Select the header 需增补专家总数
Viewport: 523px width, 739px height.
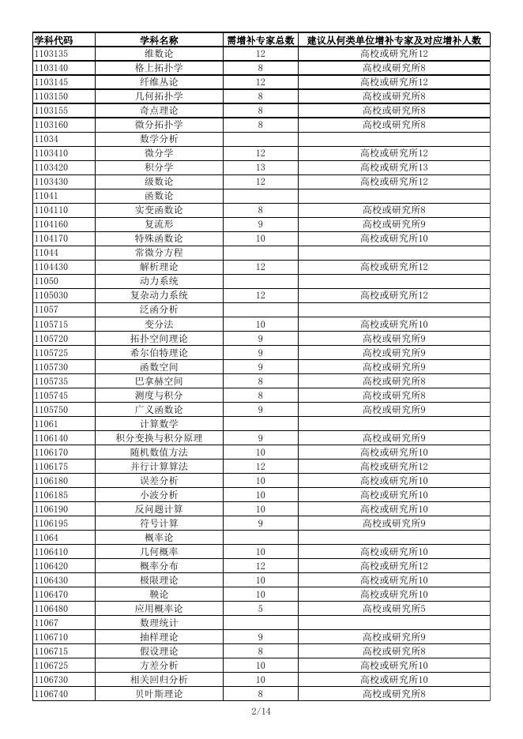pyautogui.click(x=261, y=40)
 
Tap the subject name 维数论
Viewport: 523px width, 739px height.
pyautogui.click(x=159, y=54)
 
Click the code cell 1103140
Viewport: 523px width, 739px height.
pyautogui.click(x=51, y=68)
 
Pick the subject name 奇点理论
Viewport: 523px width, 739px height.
pyautogui.click(x=159, y=111)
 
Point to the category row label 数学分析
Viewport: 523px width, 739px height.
pyautogui.click(x=159, y=139)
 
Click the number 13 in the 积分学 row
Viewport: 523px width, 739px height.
pyautogui.click(x=261, y=167)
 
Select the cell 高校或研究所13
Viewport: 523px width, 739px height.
pyautogui.click(x=394, y=167)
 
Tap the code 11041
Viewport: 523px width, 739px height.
pyautogui.click(x=46, y=196)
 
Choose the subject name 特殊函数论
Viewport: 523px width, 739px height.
pyautogui.click(x=159, y=238)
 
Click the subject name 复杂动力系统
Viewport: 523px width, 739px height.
pyautogui.click(x=159, y=295)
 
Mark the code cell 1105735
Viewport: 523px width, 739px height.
pyautogui.click(x=51, y=381)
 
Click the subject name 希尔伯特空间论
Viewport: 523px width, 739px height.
pyautogui.click(x=159, y=352)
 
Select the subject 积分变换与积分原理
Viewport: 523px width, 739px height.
pyautogui.click(x=159, y=437)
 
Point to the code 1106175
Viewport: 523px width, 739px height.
pyautogui.click(x=51, y=466)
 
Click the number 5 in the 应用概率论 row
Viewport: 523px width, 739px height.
pyautogui.click(x=261, y=608)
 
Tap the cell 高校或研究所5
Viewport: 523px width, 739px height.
pyautogui.click(x=394, y=608)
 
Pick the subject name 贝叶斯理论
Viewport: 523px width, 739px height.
pyautogui.click(x=159, y=693)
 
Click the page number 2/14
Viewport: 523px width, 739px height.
pyautogui.click(x=261, y=711)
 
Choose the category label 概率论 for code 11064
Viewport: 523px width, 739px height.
pyautogui.click(x=159, y=537)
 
